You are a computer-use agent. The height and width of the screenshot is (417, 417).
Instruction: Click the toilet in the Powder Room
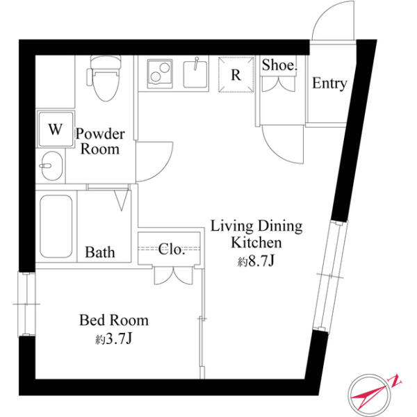[105, 78]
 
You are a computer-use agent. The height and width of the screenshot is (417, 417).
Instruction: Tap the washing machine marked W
[56, 129]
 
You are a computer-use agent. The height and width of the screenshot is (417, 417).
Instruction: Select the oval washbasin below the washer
[51, 166]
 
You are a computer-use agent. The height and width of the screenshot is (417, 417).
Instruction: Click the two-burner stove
[160, 74]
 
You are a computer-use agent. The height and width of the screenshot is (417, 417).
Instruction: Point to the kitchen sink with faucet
[195, 74]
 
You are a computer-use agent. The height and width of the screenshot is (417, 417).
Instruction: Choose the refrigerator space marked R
[236, 74]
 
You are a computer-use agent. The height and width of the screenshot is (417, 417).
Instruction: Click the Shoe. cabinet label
[279, 65]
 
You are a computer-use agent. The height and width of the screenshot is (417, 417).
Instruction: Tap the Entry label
[329, 84]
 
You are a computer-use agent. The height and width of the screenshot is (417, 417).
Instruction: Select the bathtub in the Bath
[56, 227]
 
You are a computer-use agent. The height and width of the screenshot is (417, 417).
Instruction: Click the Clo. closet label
[172, 250]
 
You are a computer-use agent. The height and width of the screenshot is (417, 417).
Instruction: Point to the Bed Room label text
[114, 320]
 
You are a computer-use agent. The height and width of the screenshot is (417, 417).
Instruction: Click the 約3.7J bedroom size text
[113, 338]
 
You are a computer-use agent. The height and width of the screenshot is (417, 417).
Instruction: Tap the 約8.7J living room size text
[256, 261]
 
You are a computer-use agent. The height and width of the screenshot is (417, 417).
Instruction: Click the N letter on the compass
[395, 381]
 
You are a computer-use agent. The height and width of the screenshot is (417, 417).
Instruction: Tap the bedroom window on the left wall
[26, 304]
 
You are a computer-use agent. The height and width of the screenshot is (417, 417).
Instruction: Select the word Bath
[100, 252]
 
